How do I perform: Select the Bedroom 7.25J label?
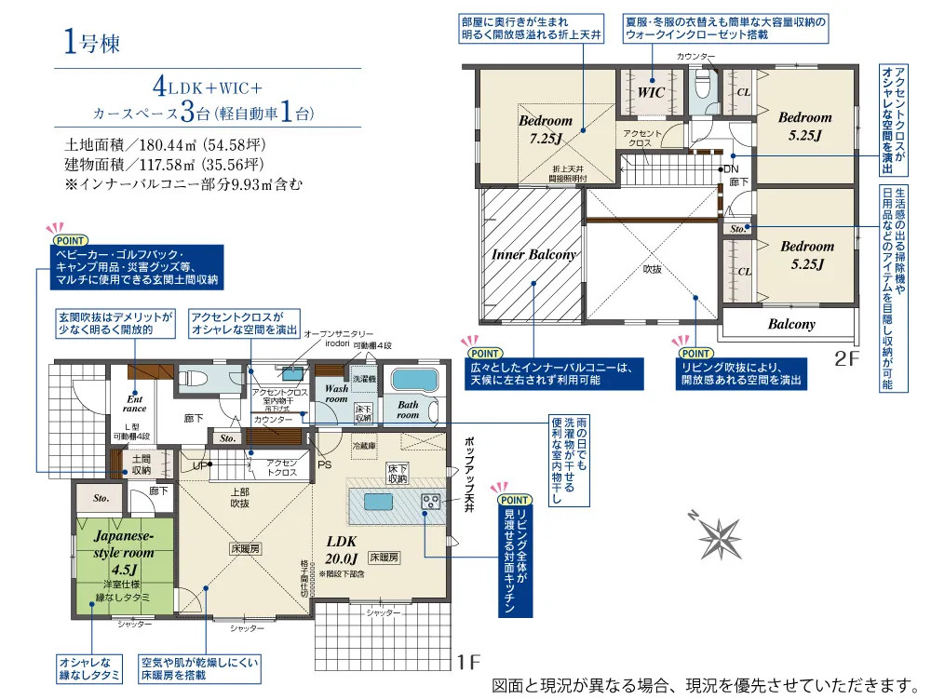point(545,129)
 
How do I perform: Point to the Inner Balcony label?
point(533,254)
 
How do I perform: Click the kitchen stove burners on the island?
point(431,502)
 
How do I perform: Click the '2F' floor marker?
point(845,357)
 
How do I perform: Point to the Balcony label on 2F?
point(791,324)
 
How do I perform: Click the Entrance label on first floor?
point(135,402)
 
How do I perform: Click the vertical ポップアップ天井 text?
point(469,475)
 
